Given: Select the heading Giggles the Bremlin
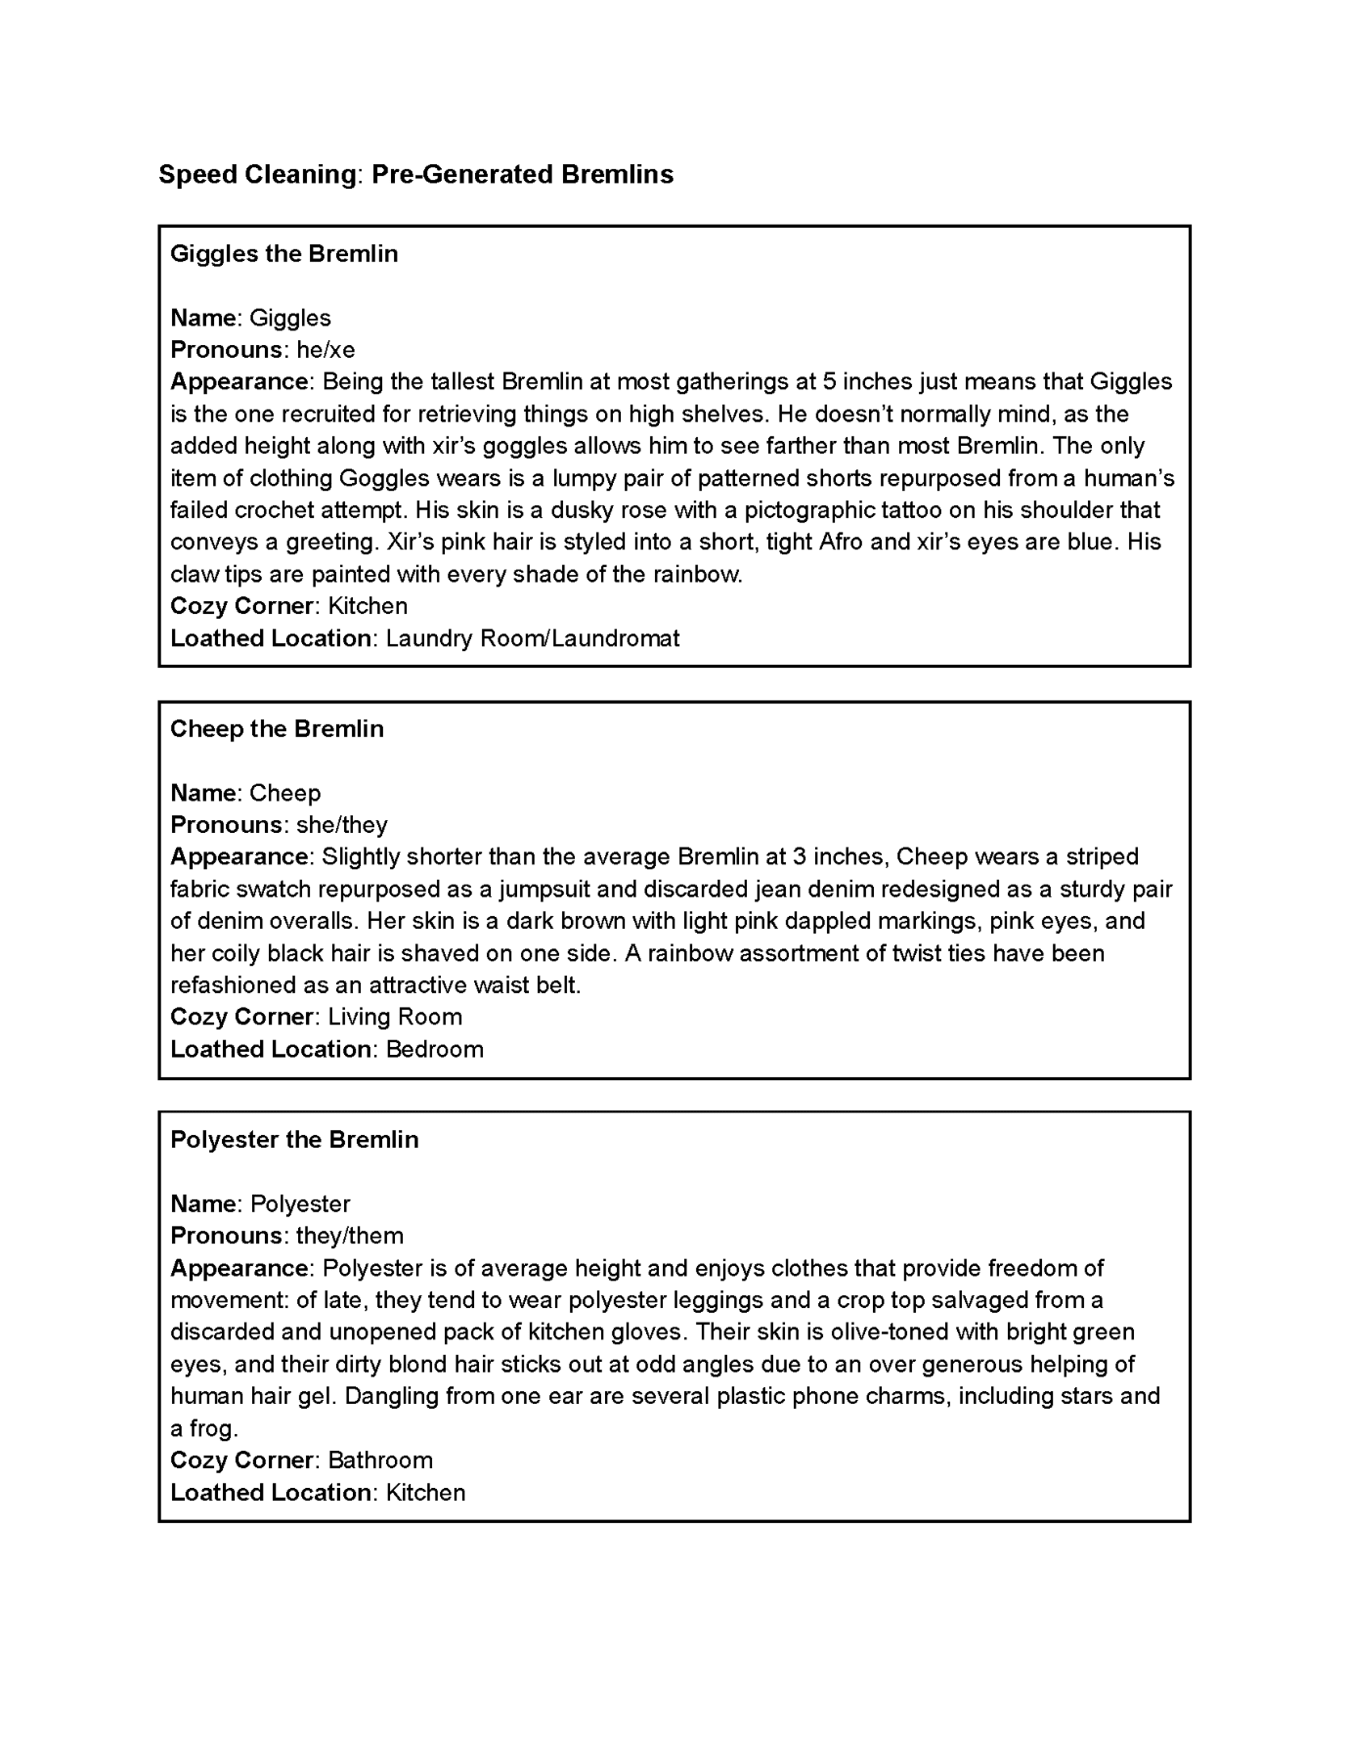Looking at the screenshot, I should tap(283, 254).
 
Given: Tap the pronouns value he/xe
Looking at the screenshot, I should tap(325, 350).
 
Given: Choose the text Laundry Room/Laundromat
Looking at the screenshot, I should tap(532, 638).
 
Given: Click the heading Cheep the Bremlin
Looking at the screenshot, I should tap(276, 729).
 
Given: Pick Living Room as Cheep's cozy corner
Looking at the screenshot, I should tap(395, 1017).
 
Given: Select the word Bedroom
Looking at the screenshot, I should tap(435, 1049).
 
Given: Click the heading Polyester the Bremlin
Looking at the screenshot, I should tap(294, 1140).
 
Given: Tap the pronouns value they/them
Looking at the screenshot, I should tap(350, 1236).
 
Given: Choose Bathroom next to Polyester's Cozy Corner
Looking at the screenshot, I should tap(380, 1461).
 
